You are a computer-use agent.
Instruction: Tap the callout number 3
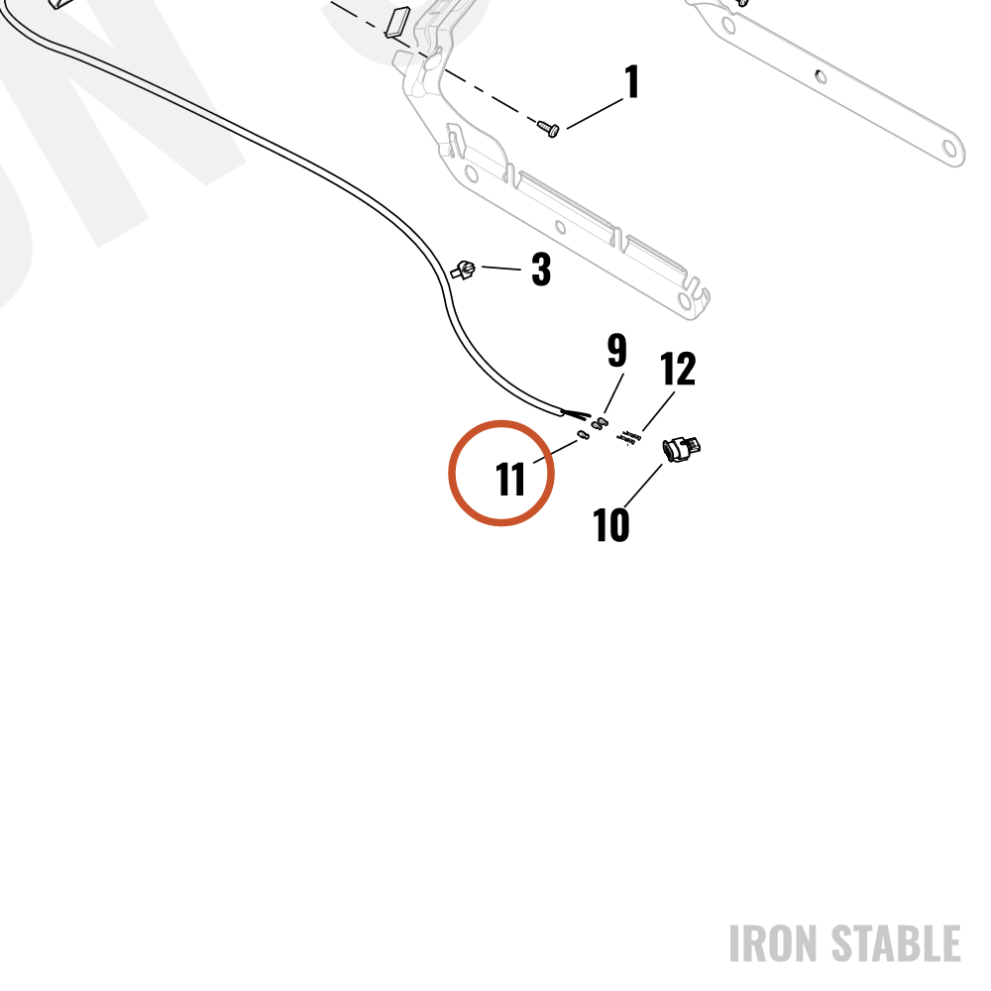[541, 270]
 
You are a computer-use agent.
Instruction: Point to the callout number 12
[678, 369]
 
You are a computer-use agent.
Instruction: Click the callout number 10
[611, 524]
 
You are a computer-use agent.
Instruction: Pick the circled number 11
[510, 479]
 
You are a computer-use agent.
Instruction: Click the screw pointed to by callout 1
[548, 128]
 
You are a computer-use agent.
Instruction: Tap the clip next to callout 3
[463, 271]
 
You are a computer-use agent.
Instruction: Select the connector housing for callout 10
[682, 448]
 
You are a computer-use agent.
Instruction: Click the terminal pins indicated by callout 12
[629, 437]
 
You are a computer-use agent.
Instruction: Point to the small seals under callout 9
[600, 423]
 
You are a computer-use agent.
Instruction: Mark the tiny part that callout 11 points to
[584, 435]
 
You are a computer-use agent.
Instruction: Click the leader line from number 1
[596, 114]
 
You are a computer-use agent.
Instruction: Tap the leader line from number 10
[643, 486]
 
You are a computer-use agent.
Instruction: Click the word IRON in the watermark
[774, 943]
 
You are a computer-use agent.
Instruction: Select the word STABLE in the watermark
[896, 943]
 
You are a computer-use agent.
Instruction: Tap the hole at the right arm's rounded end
[949, 149]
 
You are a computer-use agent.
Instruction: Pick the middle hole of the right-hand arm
[821, 77]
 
